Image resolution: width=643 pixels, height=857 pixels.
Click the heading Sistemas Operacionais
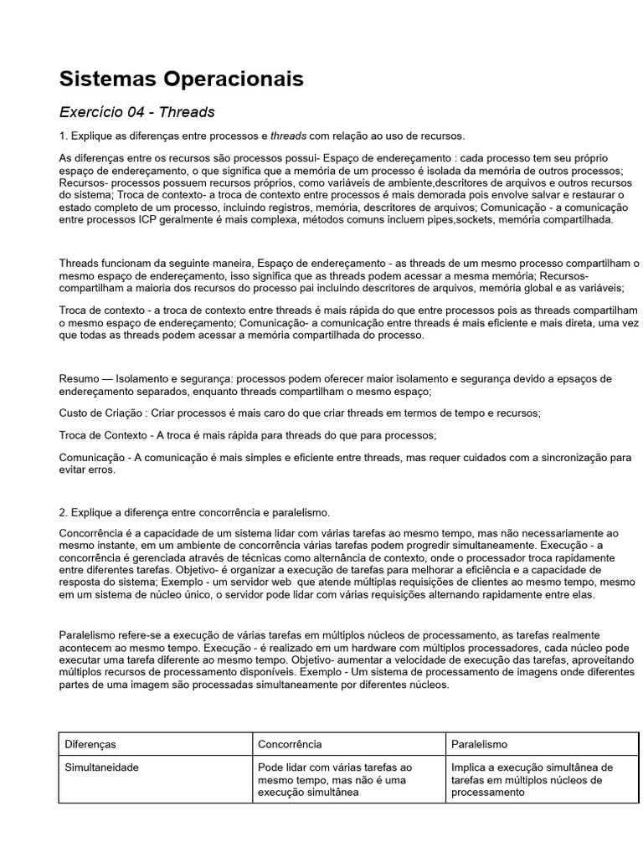pyautogui.click(x=181, y=80)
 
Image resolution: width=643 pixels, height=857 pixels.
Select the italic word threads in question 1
pyautogui.click(x=288, y=136)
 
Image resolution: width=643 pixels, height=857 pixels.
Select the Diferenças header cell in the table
pyautogui.click(x=90, y=743)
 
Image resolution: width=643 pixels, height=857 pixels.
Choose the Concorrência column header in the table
pyautogui.click(x=290, y=743)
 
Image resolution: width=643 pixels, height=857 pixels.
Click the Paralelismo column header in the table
pyautogui.click(x=480, y=743)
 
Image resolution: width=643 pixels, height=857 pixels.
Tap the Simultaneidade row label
pyautogui.click(x=102, y=767)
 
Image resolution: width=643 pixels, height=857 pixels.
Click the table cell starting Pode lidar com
pyautogui.click(x=335, y=779)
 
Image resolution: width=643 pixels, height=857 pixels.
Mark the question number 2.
pyautogui.click(x=63, y=512)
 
